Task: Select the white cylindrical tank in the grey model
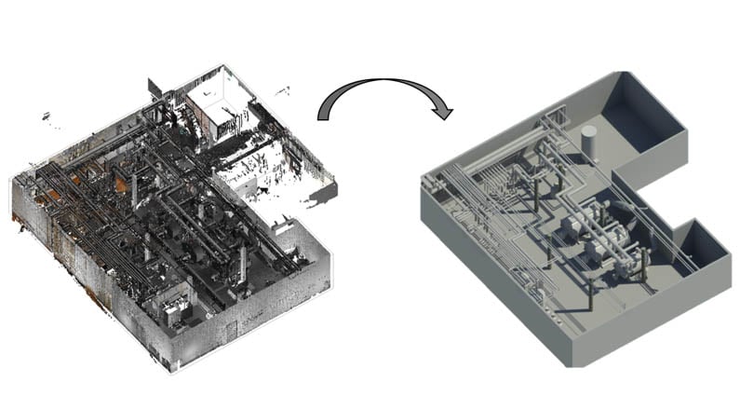pos(588,140)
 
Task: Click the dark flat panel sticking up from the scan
pos(155,89)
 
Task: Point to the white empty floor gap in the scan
pos(251,177)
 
